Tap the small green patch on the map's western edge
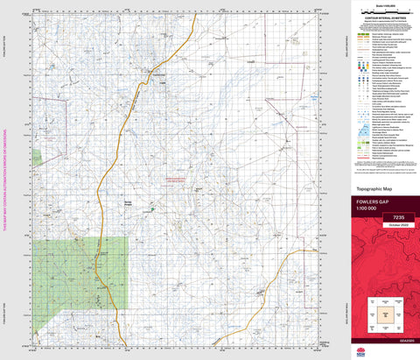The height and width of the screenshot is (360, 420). click(37, 157)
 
